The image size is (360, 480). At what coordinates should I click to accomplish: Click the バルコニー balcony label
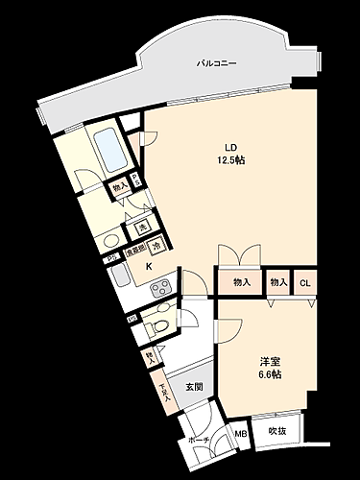pos(217,63)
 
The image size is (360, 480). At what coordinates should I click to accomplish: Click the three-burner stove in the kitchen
pos(160,285)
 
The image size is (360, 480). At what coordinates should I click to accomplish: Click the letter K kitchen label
pos(148,266)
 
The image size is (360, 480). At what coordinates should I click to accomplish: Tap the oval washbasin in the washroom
pos(110,241)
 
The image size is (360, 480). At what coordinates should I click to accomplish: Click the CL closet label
pos(304,282)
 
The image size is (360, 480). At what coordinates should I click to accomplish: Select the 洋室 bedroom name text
pos(269,361)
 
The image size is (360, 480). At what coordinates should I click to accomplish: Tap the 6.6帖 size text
pos(269,373)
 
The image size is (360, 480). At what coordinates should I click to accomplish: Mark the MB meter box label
pos(240,433)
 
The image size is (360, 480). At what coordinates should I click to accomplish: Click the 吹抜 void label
pos(277,431)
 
